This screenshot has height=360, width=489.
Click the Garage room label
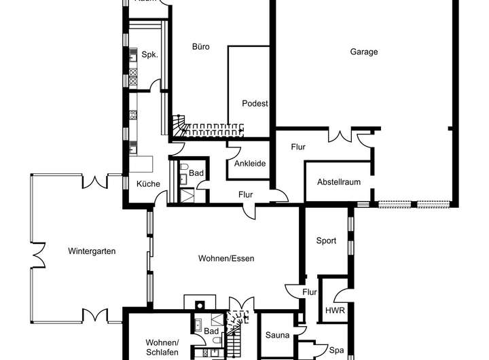(364, 52)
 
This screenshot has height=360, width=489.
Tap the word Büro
(200, 47)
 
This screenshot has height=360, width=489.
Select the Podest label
(255, 104)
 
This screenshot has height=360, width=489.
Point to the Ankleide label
(249, 164)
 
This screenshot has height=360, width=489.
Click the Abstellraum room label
(338, 182)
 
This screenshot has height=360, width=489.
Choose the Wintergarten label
(92, 251)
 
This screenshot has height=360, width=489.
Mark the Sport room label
(327, 240)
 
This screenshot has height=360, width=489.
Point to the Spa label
(336, 351)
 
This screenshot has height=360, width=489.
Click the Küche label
(148, 184)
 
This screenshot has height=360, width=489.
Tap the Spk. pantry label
(149, 55)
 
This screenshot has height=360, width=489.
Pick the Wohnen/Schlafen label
(162, 347)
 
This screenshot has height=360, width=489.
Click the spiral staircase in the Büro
(179, 126)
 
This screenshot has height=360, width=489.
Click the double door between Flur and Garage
(338, 135)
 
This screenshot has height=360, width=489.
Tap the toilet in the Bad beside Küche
(185, 167)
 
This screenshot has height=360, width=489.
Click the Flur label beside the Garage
(298, 147)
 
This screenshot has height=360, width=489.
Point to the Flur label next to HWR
(310, 293)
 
